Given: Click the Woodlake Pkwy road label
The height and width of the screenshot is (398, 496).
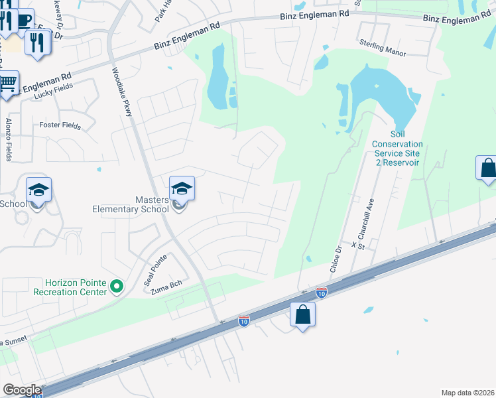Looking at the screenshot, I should [122, 92].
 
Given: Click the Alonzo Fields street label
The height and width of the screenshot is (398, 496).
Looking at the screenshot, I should [9, 139].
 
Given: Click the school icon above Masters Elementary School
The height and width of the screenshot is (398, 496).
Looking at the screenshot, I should [182, 188].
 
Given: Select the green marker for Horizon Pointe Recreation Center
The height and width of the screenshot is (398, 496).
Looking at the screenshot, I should [117, 287].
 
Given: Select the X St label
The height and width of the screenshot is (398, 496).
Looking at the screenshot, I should [359, 245].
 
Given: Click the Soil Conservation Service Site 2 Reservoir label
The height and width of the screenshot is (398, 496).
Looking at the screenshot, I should [397, 149].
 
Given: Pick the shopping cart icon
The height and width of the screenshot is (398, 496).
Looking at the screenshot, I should [7, 84].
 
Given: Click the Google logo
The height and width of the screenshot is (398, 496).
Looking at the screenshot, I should [23, 390].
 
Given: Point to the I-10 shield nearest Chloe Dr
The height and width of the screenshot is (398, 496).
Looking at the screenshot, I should [321, 293].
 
